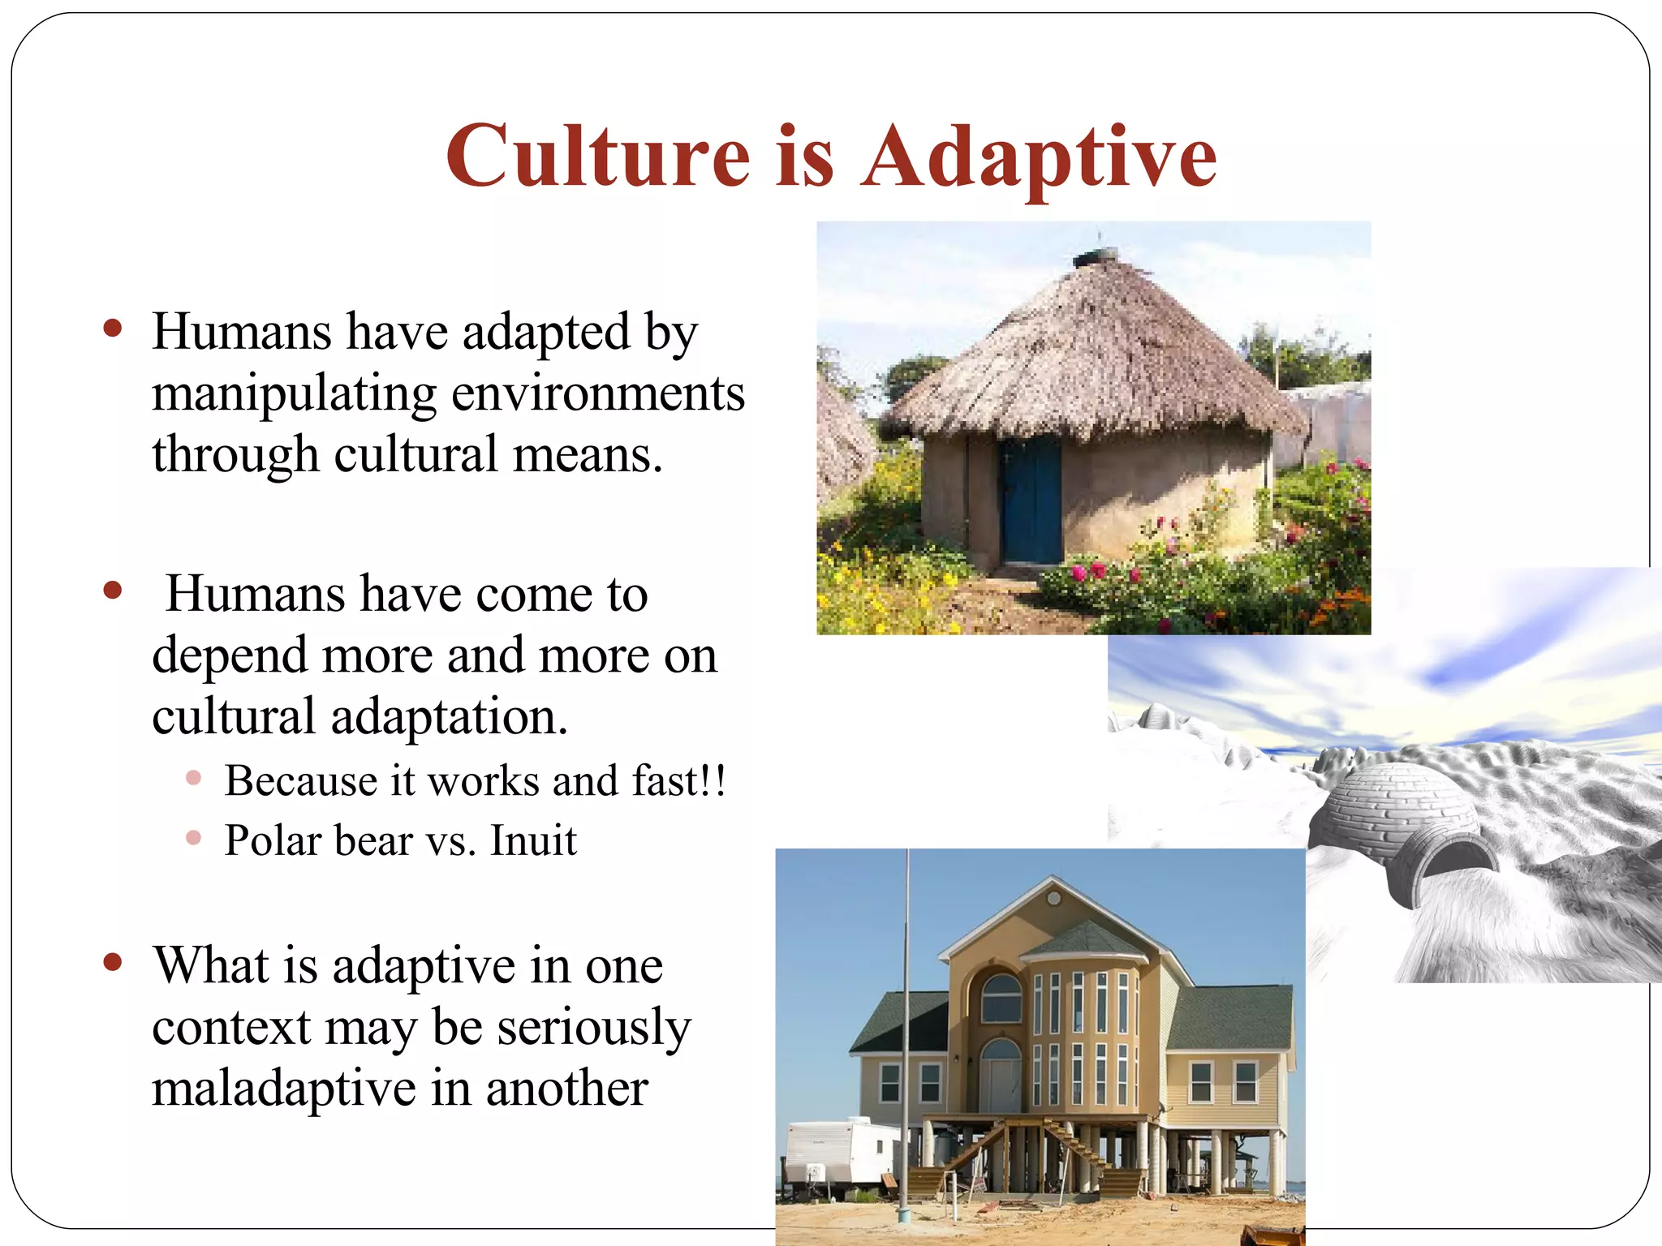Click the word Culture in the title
[x=598, y=156]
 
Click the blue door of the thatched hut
[x=1031, y=501]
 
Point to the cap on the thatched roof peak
[x=1096, y=258]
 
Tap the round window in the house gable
[x=1053, y=899]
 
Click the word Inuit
[x=533, y=840]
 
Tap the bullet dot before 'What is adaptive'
[x=113, y=963]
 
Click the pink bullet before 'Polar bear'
[x=193, y=838]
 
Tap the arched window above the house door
[x=1001, y=998]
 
